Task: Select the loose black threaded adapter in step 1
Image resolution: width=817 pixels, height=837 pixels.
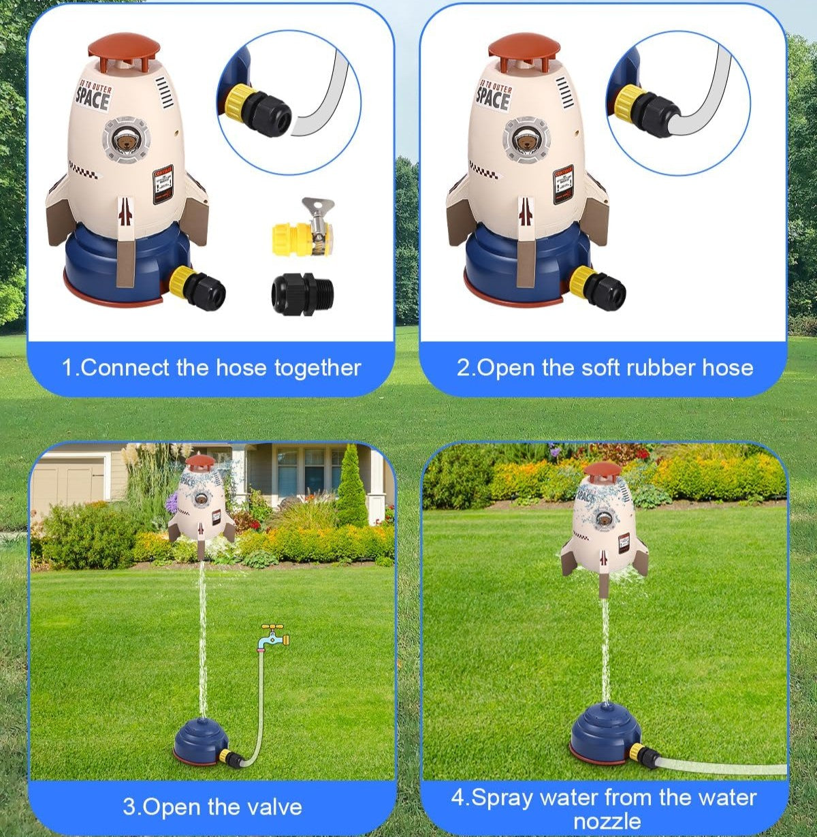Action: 302,294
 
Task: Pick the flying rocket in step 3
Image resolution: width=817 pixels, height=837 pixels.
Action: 201,501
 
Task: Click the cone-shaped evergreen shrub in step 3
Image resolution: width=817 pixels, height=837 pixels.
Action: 352,487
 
